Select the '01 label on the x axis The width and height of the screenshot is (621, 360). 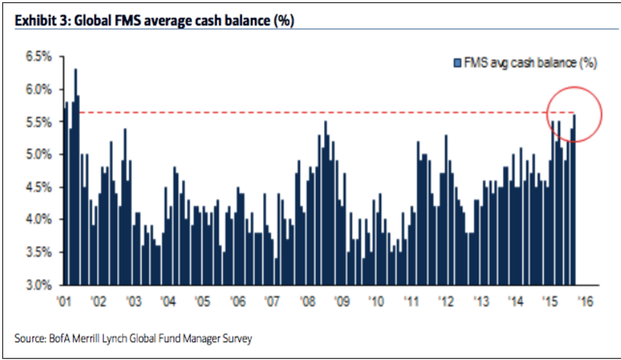click(x=64, y=302)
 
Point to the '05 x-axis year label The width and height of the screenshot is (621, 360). click(x=202, y=302)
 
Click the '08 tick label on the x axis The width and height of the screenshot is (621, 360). click(x=307, y=302)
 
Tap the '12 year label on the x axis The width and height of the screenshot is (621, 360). click(x=446, y=302)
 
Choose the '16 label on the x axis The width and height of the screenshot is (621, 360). click(x=585, y=302)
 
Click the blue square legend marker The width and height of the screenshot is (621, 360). click(x=457, y=63)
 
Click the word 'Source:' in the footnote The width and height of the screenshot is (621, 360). click(x=29, y=339)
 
